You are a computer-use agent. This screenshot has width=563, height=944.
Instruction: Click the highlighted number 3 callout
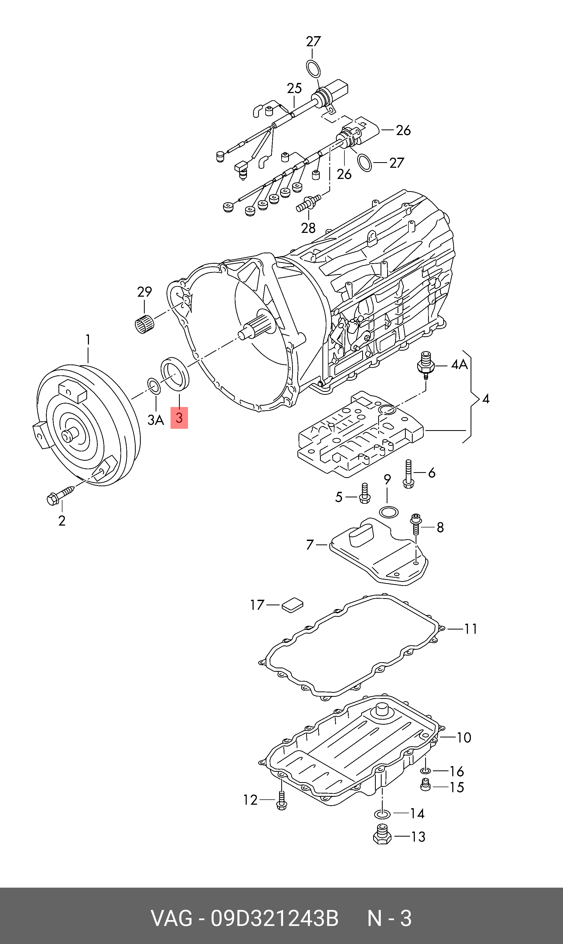(179, 418)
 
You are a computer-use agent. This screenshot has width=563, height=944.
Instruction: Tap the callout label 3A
(156, 420)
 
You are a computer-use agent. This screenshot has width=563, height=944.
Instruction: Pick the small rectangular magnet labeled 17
(292, 605)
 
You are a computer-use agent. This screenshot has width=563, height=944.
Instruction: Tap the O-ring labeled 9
(389, 512)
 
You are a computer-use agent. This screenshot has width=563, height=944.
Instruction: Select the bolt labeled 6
(408, 474)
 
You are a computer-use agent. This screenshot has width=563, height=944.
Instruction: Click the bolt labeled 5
(364, 494)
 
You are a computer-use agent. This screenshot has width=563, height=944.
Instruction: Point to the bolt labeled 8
(416, 524)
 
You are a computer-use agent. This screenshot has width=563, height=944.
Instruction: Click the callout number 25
(294, 88)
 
